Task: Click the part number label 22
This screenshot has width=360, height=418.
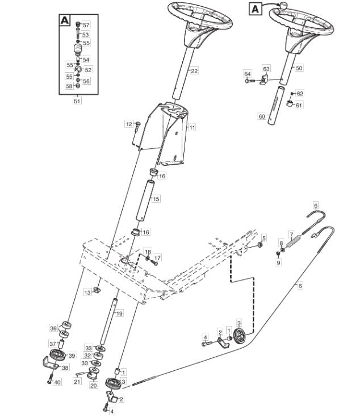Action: coord(194,71)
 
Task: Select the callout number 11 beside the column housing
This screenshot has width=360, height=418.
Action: coord(192,127)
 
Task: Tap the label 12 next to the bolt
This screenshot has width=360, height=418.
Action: coord(129,124)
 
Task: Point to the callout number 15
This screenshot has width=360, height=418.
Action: coord(156,199)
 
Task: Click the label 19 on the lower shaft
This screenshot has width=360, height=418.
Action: coord(119,313)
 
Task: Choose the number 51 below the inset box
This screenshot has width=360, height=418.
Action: coord(77,101)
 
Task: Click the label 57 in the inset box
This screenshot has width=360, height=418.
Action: coord(86,25)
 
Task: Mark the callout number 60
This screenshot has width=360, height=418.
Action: coord(262,116)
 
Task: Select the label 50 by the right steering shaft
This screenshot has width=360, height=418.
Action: coord(299,68)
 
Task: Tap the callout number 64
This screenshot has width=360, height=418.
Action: coord(248,74)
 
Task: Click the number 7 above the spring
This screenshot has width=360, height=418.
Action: coord(291,235)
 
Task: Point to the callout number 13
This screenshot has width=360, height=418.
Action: coord(87,292)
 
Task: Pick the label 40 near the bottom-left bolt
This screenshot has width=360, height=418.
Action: coord(57,382)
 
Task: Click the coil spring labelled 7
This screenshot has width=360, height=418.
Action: coord(294,243)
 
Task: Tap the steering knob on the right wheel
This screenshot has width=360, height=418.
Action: coord(283,5)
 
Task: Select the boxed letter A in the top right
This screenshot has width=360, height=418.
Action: coord(255,9)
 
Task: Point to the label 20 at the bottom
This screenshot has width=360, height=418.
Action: coord(94,385)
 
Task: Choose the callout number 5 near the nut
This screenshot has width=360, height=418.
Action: coord(264,238)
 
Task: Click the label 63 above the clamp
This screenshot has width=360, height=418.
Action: coord(266,69)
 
